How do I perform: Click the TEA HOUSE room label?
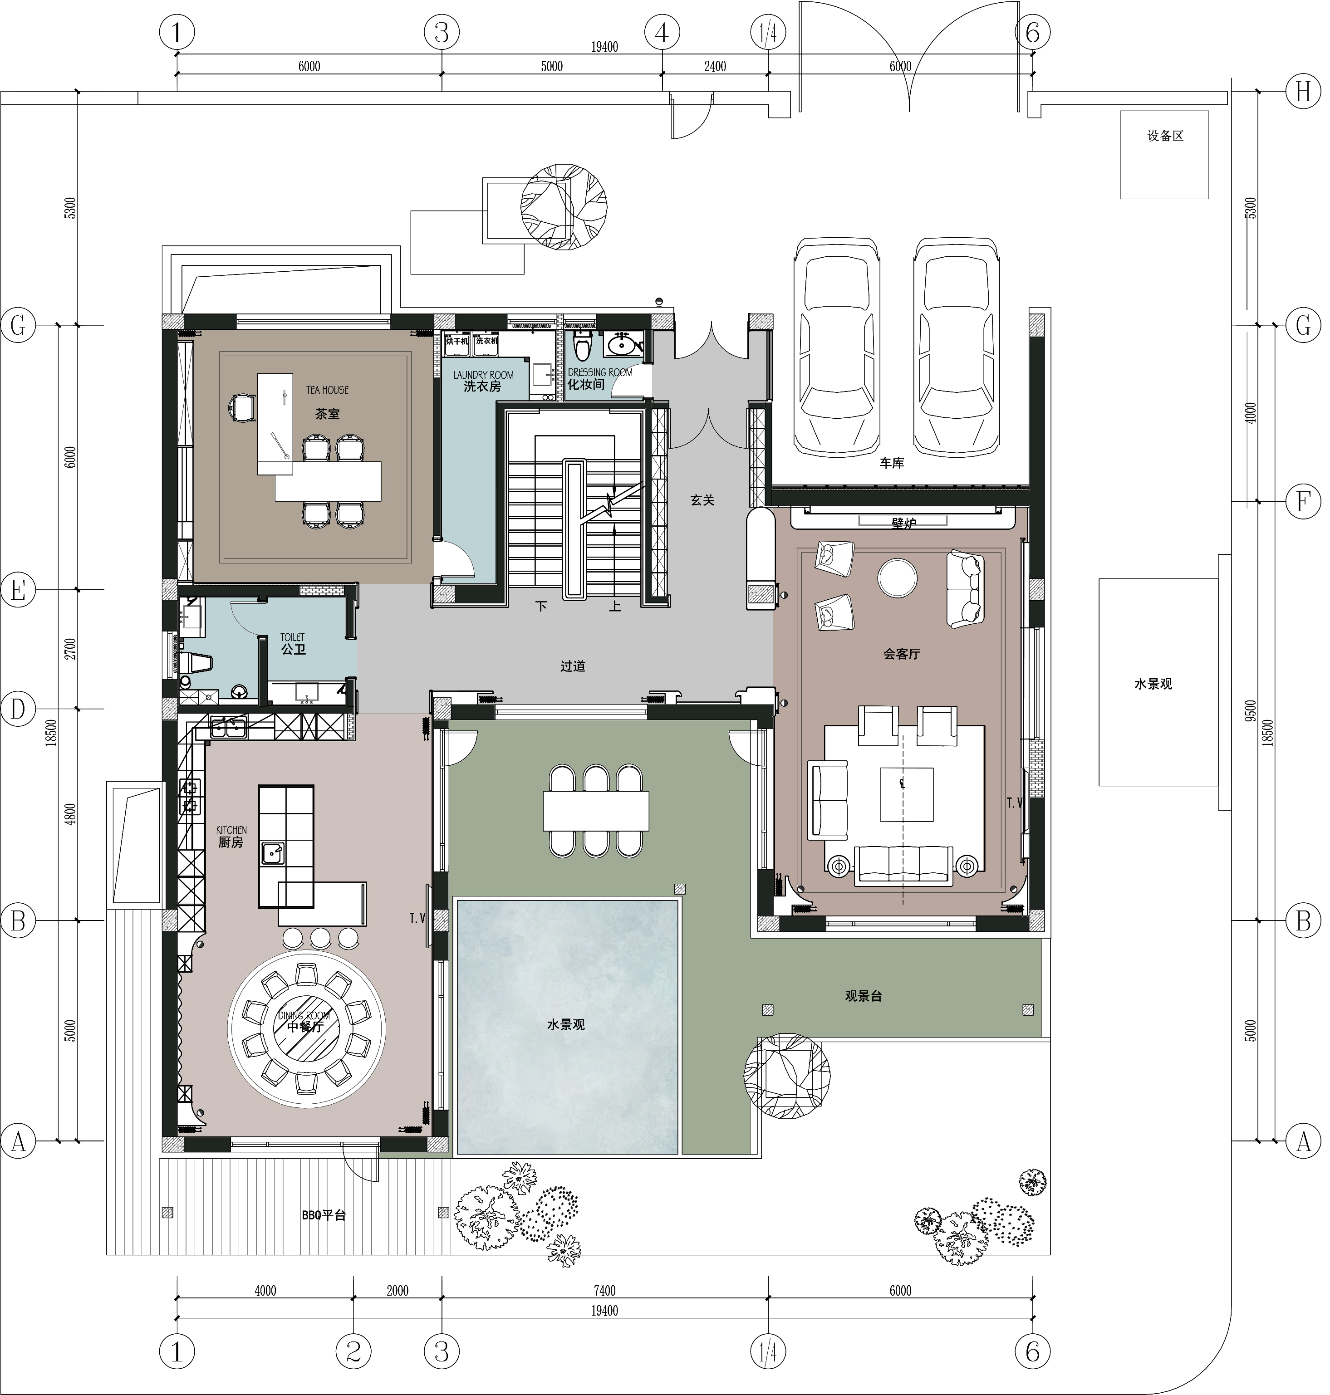(x=329, y=392)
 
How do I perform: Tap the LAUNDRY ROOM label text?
(x=486, y=377)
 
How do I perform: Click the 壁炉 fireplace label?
(x=910, y=527)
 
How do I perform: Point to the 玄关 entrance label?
(x=707, y=503)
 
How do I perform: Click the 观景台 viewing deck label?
(x=869, y=1002)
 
